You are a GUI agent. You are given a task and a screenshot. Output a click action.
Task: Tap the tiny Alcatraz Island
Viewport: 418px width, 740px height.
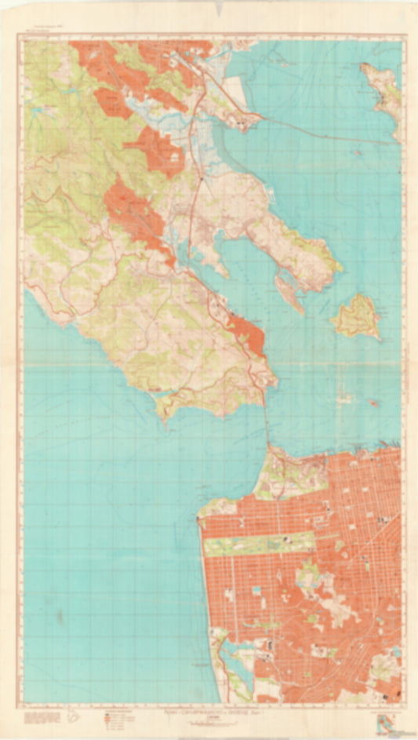tap(374, 403)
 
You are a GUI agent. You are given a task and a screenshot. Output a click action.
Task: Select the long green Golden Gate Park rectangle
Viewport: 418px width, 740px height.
tap(259, 542)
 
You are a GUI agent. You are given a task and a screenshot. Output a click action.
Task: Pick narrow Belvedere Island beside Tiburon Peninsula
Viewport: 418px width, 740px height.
tap(288, 290)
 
